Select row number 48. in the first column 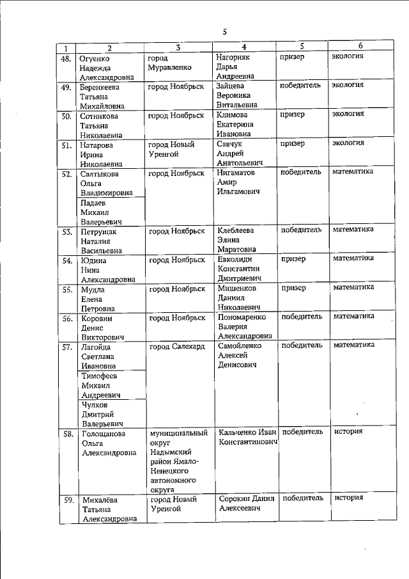pyautogui.click(x=65, y=58)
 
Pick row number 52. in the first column pyautogui.click(x=65, y=174)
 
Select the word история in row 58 pyautogui.click(x=349, y=431)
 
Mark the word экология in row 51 pyautogui.click(x=348, y=143)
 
